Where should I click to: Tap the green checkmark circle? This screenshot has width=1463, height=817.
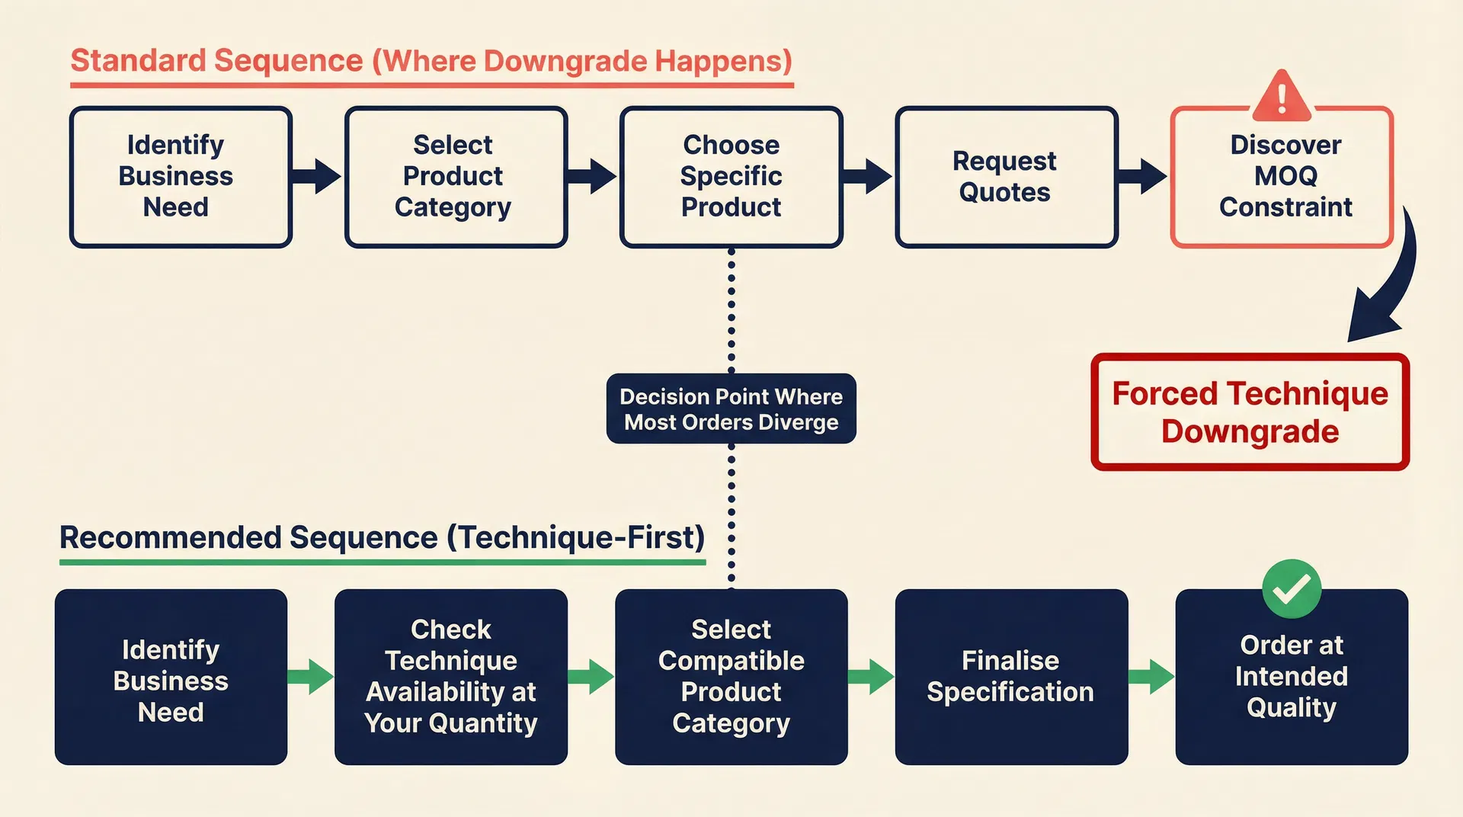tap(1291, 588)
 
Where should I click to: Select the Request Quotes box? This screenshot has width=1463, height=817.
tap(1006, 177)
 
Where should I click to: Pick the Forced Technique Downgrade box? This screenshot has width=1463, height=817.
tap(1250, 412)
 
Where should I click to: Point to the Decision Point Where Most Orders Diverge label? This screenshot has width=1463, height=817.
tap(731, 409)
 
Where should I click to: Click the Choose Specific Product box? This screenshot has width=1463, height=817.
tap(731, 177)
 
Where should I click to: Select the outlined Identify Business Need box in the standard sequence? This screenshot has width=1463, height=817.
tap(181, 177)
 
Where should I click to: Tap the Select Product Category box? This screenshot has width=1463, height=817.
tap(456, 177)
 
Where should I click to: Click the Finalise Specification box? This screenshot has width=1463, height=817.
tap(1010, 677)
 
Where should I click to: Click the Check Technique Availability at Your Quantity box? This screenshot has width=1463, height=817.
tap(450, 677)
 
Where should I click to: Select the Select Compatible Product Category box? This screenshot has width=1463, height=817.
tap(731, 677)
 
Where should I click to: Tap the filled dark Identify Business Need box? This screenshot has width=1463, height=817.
tap(171, 677)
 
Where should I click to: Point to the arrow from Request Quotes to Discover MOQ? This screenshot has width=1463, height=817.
tap(1142, 177)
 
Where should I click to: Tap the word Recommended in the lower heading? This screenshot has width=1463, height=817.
tap(171, 538)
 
